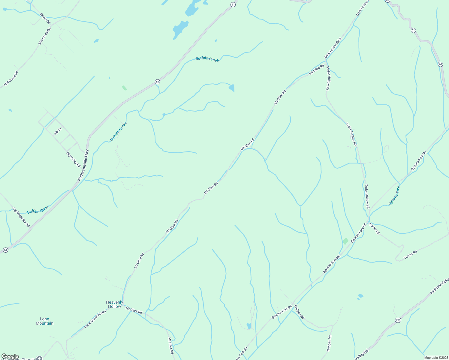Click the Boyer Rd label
pos(45,19)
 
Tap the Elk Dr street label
pos(58,131)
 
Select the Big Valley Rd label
pos(74,159)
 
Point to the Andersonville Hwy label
pos(83,165)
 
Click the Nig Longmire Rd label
pos(21,217)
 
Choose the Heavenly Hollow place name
pos(114,304)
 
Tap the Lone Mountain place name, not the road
pos(44,321)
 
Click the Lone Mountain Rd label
pos(95,319)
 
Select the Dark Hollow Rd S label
pos(333,48)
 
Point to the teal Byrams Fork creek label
pos(394,196)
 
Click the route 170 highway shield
pos(398,320)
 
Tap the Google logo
pos(10,356)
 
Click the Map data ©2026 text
pos(435,358)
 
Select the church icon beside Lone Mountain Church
pos(39,358)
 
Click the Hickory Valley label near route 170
pos(439,286)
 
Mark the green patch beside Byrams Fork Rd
pos(346,241)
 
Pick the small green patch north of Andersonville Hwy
pos(124,88)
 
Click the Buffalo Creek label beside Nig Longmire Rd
pos(38,209)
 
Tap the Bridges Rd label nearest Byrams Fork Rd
pos(299,312)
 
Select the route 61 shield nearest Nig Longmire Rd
pos(5,250)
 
